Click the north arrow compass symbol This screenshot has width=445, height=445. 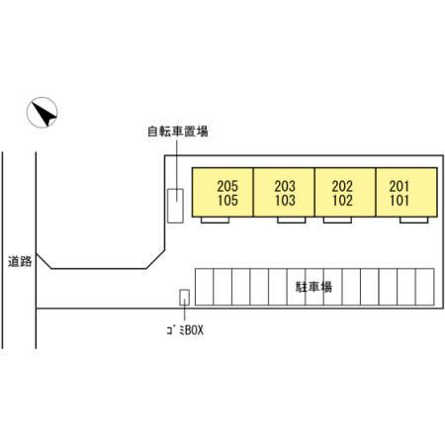[43, 113]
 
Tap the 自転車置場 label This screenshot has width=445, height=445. [178, 132]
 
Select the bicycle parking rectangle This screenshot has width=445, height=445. [175, 206]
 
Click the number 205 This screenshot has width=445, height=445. [227, 186]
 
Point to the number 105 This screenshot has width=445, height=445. [227, 201]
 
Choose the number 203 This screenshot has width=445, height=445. [285, 186]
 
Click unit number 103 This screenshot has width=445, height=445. [286, 201]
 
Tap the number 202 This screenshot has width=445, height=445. [342, 186]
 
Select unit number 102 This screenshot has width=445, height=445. [343, 201]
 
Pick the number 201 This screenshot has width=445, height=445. [400, 186]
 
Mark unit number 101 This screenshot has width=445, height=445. [400, 201]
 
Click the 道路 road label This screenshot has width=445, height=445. [20, 261]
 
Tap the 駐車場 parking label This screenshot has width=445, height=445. [313, 287]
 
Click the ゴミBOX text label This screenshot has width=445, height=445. [185, 329]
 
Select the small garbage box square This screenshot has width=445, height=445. [184, 298]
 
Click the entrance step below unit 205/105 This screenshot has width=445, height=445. [215, 220]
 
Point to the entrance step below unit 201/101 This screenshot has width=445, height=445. [414, 220]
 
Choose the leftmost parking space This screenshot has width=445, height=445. [205, 287]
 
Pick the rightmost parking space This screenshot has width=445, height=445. [425, 287]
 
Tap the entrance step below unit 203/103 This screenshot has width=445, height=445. [292, 220]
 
